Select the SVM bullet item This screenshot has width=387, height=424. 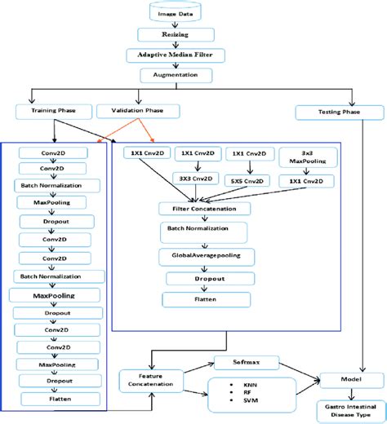tap(236, 400)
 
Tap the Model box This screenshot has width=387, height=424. tap(339, 380)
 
